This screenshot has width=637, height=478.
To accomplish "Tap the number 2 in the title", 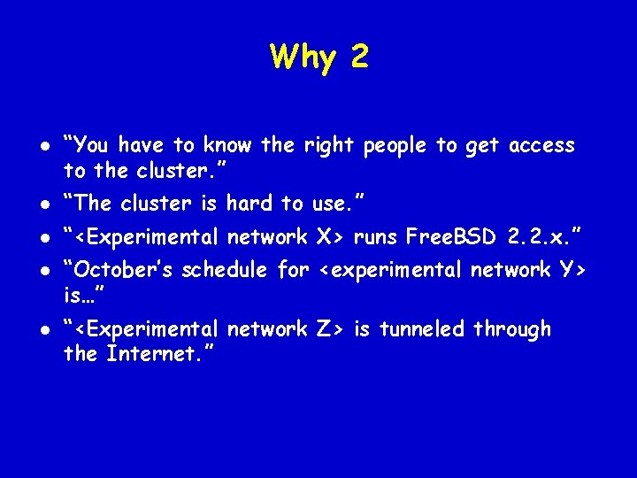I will click(358, 58).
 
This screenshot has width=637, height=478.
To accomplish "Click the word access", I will click(540, 145).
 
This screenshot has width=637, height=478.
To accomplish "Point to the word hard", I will click(249, 204).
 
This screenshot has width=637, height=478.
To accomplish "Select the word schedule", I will click(229, 270).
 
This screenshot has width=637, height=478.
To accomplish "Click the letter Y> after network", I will click(574, 270).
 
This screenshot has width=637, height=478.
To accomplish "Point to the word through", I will click(511, 329).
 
